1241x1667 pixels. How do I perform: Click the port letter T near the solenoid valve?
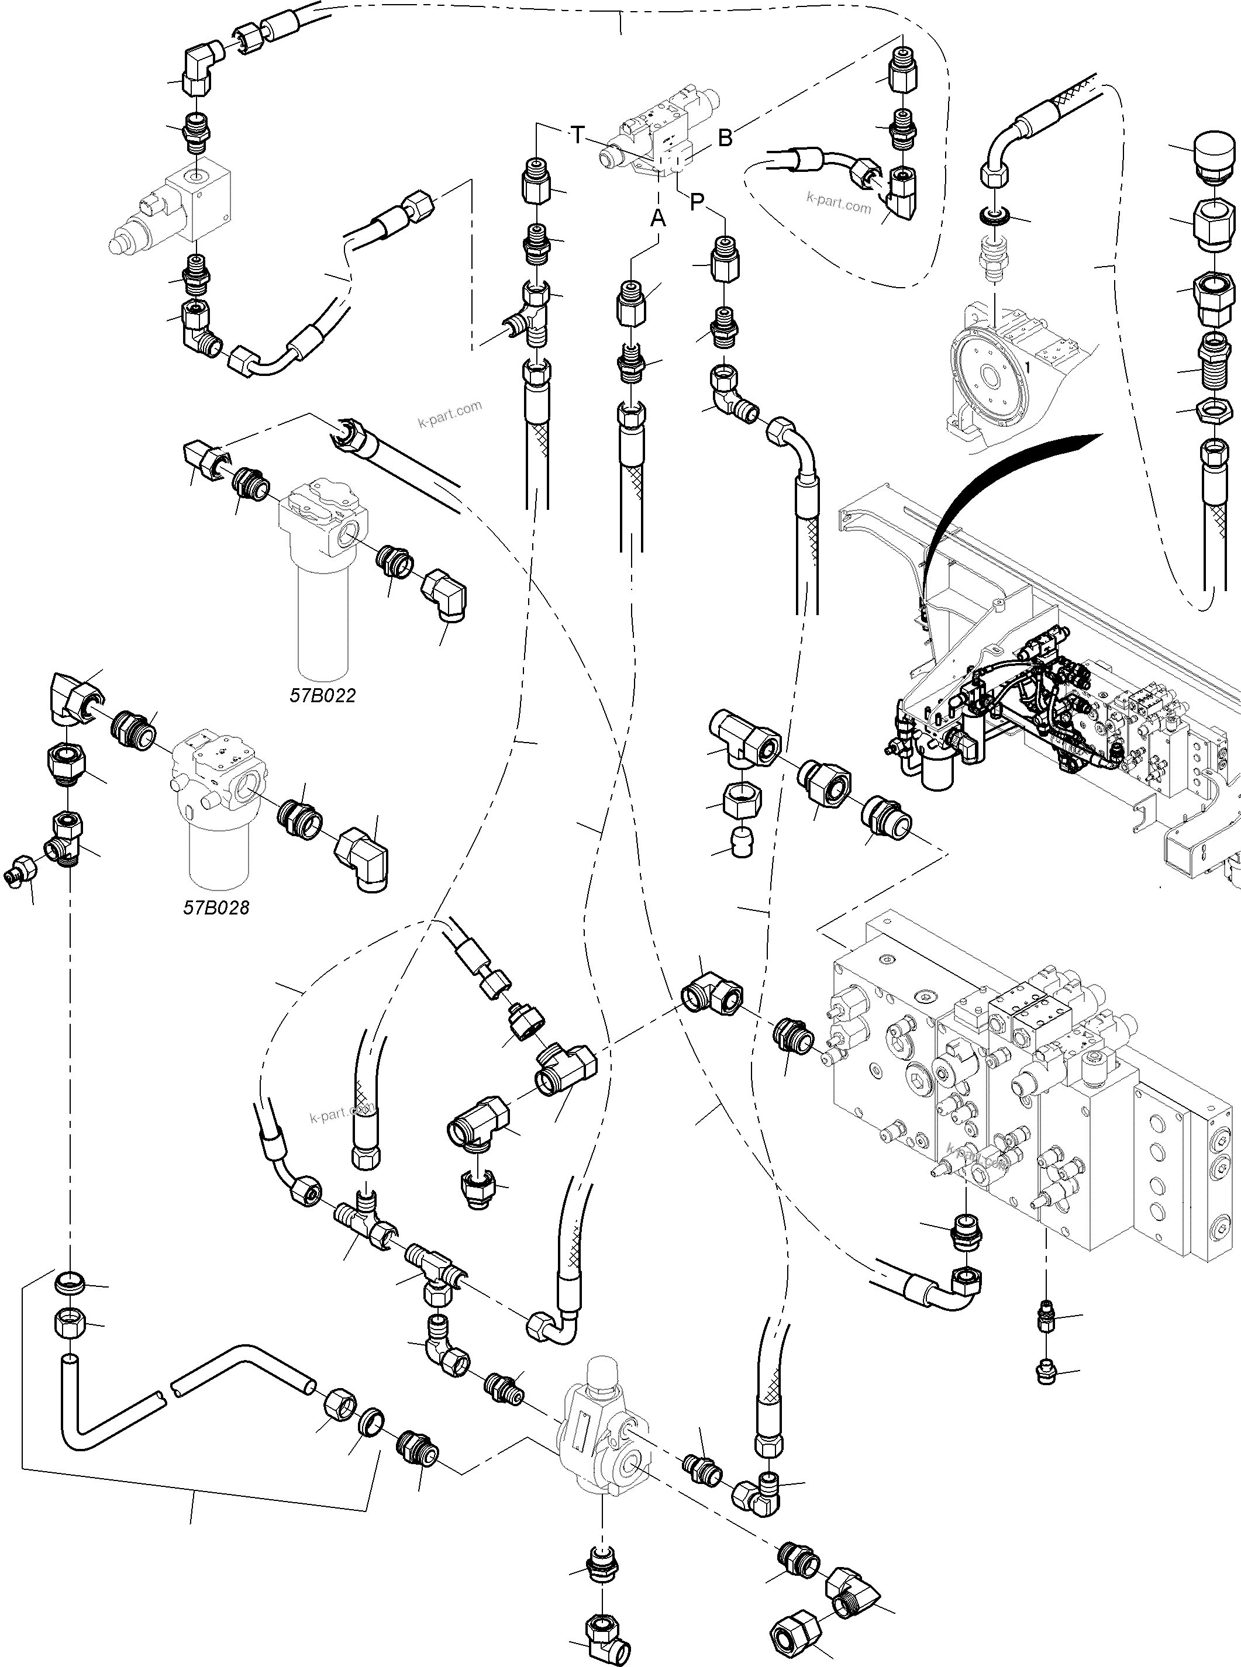pyautogui.click(x=577, y=136)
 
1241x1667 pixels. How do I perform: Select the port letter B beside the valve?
pyautogui.click(x=725, y=138)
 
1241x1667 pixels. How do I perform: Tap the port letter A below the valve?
pyautogui.click(x=658, y=219)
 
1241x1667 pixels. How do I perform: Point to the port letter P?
pyautogui.click(x=697, y=201)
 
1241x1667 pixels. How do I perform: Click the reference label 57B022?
pyautogui.click(x=322, y=695)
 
